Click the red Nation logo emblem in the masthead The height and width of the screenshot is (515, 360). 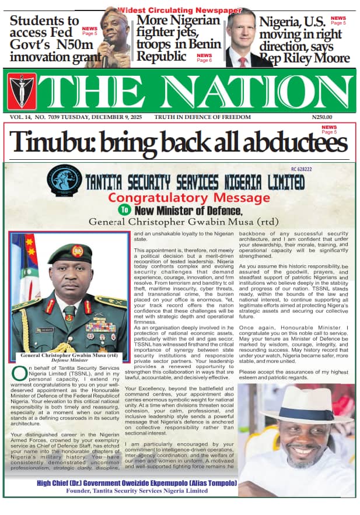click(x=22, y=90)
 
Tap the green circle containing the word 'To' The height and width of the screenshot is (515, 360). click(x=124, y=209)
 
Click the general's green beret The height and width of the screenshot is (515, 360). click(x=69, y=253)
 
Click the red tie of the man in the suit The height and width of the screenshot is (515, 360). click(x=242, y=61)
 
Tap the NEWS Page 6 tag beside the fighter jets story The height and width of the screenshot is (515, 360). click(x=204, y=58)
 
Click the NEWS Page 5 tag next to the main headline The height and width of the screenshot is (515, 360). click(x=329, y=129)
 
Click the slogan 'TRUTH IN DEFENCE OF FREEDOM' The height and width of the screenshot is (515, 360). click(x=202, y=117)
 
